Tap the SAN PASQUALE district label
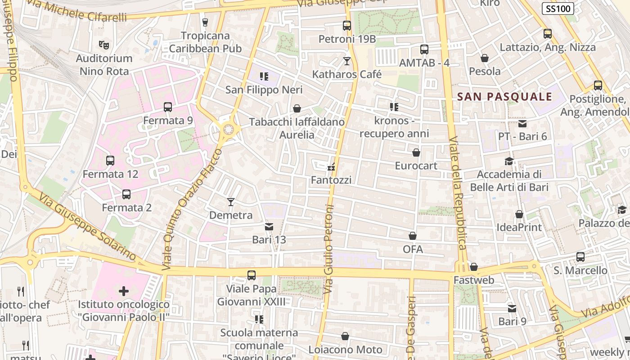pyautogui.click(x=504, y=96)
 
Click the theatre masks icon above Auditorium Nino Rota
pyautogui.click(x=104, y=45)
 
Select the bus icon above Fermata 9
pyautogui.click(x=168, y=107)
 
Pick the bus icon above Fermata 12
pyautogui.click(x=110, y=160)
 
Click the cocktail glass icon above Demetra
pyautogui.click(x=231, y=202)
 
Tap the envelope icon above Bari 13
pyautogui.click(x=269, y=226)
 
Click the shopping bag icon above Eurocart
pyautogui.click(x=416, y=153)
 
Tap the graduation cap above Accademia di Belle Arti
pyautogui.click(x=509, y=161)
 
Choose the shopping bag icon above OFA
pyautogui.click(x=413, y=236)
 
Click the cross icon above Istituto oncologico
pyautogui.click(x=124, y=291)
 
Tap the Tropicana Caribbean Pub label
pyautogui.click(x=205, y=42)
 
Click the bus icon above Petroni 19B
pyautogui.click(x=346, y=26)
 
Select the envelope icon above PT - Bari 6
pyautogui.click(x=522, y=123)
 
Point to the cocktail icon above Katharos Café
pyautogui.click(x=346, y=61)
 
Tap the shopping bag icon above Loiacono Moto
pyautogui.click(x=345, y=336)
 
